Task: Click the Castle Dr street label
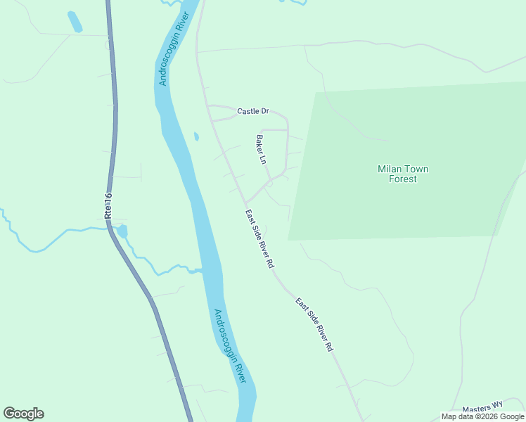253,111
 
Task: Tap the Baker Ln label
262,150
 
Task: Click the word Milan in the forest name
391,169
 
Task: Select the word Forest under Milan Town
403,179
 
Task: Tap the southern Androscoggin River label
229,345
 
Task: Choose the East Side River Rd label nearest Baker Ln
259,239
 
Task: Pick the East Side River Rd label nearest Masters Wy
314,325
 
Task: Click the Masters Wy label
484,407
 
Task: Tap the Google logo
23,414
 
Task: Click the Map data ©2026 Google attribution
482,416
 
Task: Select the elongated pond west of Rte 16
75,22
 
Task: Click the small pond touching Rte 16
122,231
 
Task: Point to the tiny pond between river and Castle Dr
195,136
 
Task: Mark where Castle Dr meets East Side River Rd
208,106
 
